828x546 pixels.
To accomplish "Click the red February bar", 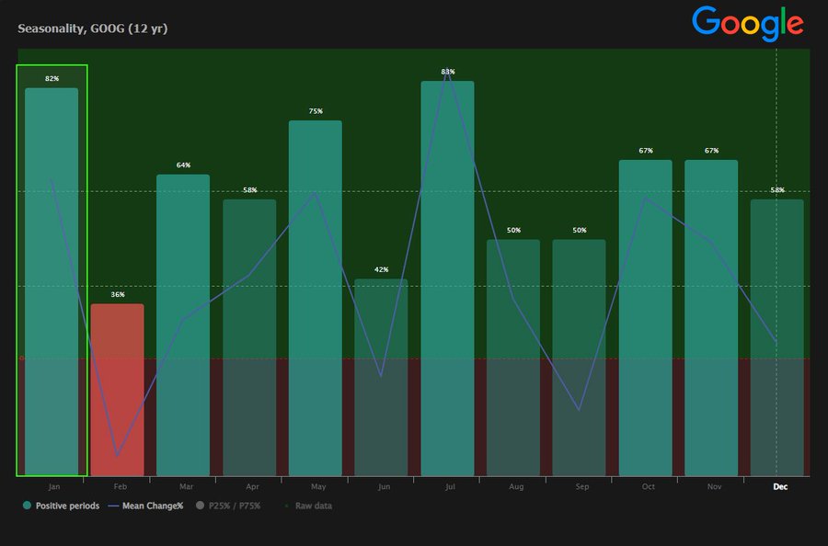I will coord(117,390).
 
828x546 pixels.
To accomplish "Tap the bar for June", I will coord(381,378).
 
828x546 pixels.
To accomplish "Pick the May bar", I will coord(315,298).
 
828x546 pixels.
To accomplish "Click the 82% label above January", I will coord(52,79).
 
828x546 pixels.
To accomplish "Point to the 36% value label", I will coord(118,295).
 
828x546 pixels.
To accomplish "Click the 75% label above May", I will coord(316,111).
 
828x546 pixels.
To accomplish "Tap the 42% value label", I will coord(382,270).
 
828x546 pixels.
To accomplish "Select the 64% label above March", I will coord(183,165).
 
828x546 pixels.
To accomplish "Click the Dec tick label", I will coord(780,486).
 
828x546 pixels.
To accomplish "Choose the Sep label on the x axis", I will coord(582,486).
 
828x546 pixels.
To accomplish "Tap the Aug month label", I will coord(516,486).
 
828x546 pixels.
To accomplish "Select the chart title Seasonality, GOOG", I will coord(92,28).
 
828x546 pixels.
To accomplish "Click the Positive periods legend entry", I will coord(61,506).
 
